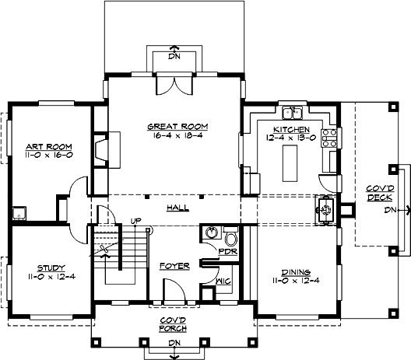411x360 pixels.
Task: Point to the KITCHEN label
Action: tap(291, 129)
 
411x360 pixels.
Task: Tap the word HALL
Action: tap(177, 208)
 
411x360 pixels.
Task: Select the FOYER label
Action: tap(174, 266)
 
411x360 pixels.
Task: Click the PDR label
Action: tap(227, 253)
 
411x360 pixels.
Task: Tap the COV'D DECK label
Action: tap(381, 192)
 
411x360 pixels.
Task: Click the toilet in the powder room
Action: tap(230, 236)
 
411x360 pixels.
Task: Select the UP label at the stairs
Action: tap(136, 221)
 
